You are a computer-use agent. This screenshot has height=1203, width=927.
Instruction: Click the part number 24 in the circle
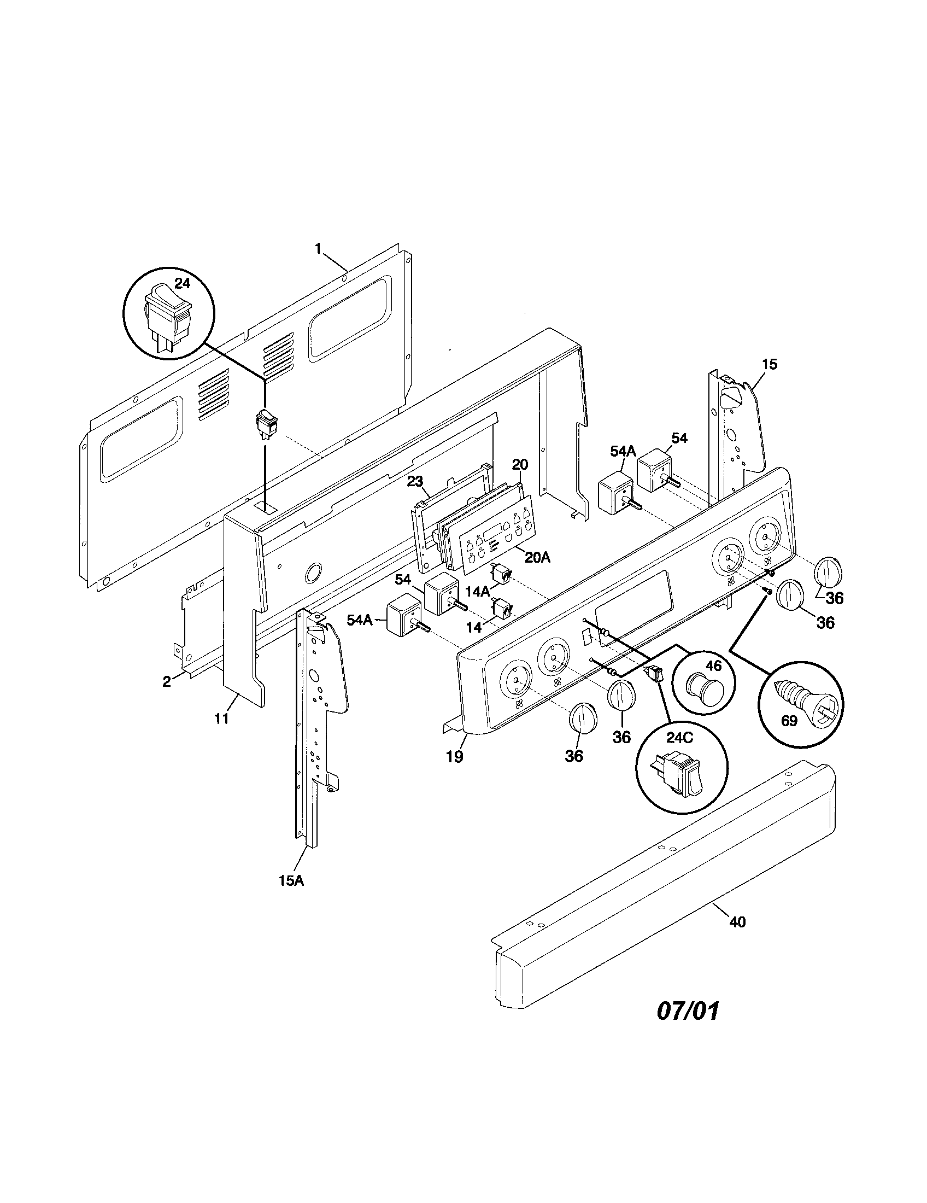click(x=182, y=284)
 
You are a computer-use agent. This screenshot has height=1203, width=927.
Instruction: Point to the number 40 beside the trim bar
click(x=737, y=921)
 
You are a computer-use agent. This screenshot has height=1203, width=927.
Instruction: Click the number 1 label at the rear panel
click(x=318, y=249)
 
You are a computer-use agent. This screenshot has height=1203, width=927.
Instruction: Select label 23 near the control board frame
click(x=415, y=481)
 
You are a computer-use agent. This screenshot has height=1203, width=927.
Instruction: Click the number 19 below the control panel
click(x=454, y=756)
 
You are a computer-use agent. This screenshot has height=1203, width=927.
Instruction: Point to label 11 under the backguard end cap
click(x=222, y=719)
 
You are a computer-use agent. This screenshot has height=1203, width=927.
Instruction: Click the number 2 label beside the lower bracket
click(x=166, y=681)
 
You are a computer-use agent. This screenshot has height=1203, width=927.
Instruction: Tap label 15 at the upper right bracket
click(x=770, y=364)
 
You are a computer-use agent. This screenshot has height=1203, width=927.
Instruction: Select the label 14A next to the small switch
click(x=477, y=592)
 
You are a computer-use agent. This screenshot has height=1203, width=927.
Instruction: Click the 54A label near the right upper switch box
click(x=623, y=452)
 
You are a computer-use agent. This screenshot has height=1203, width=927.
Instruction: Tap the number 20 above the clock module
click(x=520, y=464)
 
